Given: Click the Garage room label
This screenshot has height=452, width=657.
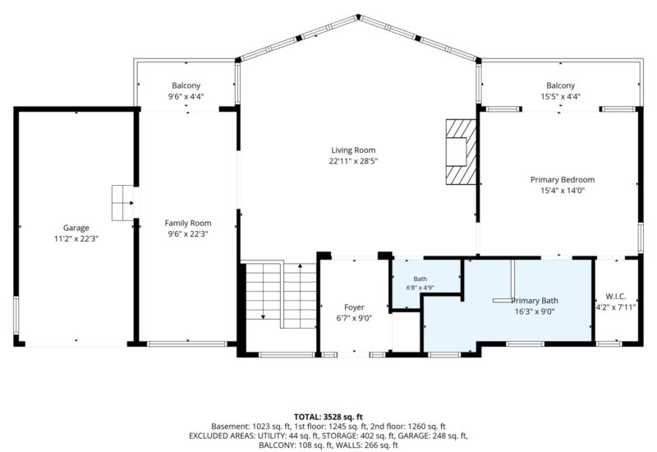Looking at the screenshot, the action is click(x=76, y=228).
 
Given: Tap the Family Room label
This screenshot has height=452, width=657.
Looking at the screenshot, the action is click(x=188, y=223).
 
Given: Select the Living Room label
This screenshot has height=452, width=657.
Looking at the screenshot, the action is click(x=353, y=150).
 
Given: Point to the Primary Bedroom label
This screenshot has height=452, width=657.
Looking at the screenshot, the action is click(x=563, y=179).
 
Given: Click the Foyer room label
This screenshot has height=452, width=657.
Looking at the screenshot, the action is click(x=354, y=307).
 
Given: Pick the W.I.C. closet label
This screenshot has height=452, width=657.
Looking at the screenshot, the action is click(x=616, y=296).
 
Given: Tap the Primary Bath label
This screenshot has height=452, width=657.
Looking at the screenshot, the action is click(x=535, y=301).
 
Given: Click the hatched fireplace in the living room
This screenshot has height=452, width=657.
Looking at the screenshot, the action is click(x=461, y=152).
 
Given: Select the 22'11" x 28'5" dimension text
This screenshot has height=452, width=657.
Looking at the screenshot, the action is click(x=353, y=161).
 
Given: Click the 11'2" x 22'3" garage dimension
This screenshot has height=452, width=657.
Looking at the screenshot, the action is click(x=76, y=238).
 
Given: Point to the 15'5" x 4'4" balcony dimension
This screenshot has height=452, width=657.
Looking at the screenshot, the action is click(x=561, y=96).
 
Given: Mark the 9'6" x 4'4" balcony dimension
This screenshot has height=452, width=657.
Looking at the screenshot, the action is click(x=186, y=96).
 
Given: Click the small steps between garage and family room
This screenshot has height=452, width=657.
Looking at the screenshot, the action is click(x=122, y=203).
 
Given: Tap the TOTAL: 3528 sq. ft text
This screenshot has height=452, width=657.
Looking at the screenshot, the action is click(x=328, y=417).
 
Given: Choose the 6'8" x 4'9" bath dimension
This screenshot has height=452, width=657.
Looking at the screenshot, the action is click(x=420, y=288).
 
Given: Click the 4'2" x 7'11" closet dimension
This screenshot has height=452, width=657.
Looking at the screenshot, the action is click(x=616, y=307).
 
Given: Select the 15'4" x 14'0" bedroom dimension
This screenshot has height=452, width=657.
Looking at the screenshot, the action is click(x=563, y=191).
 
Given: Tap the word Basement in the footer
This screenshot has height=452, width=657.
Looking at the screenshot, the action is click(x=227, y=427).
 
